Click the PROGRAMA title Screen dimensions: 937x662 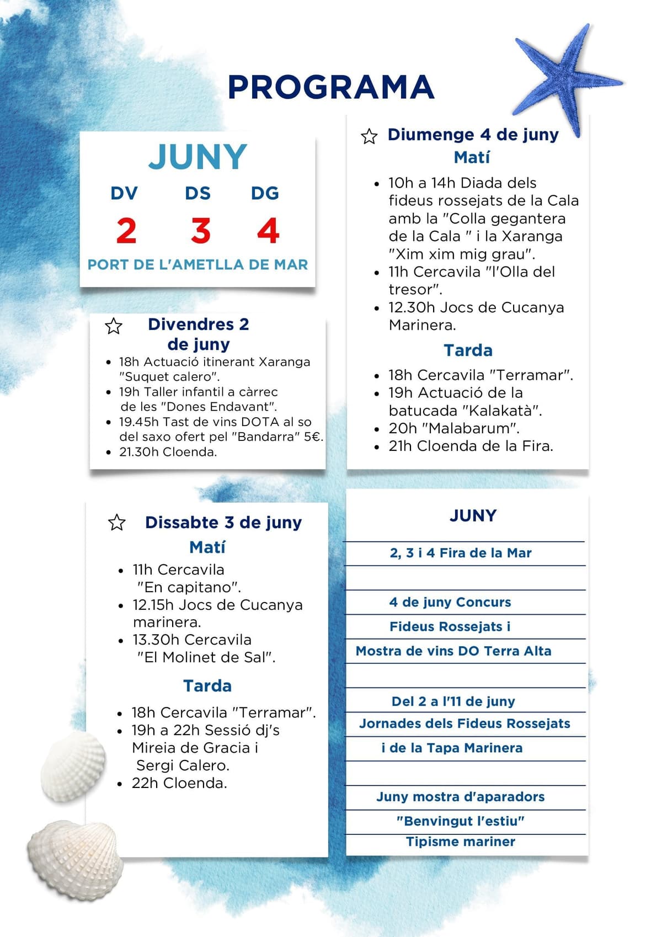coord(331,87)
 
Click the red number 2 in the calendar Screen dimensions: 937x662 coord(126,231)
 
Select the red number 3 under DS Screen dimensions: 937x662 coord(201,231)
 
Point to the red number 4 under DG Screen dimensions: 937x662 coord(268,231)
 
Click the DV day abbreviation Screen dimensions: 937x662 coord(124,193)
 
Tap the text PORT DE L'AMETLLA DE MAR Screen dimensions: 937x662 coord(197,264)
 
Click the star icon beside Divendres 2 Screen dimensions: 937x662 coord(114,326)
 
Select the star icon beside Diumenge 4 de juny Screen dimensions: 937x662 coord(369,136)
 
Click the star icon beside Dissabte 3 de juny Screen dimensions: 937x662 coord(117,522)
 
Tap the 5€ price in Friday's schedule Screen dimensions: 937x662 coord(312,436)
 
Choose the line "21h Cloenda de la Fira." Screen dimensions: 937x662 coord(471,446)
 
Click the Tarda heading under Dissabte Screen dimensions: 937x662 coord(207,686)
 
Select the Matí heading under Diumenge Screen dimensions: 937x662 coord(472,158)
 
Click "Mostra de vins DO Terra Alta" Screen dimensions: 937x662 coord(453,651)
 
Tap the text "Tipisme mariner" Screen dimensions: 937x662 coord(461,842)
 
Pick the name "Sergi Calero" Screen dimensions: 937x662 coord(182,765)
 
